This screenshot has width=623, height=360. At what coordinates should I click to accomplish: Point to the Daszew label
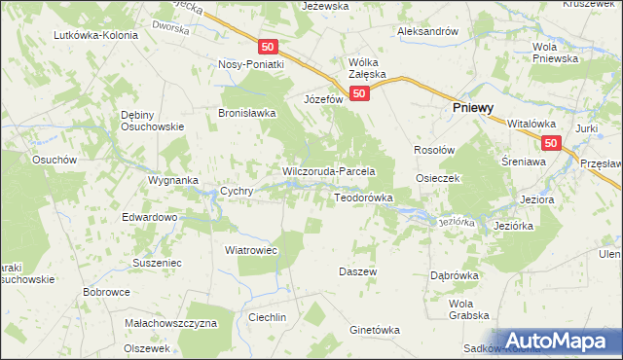[x=357, y=271]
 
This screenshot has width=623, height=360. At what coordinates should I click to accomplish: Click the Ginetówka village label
[x=375, y=330]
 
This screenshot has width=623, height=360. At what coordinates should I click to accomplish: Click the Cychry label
[x=238, y=192]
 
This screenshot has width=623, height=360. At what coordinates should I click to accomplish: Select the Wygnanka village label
[x=173, y=181]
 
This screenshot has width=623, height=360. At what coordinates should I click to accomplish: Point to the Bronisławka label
[x=247, y=112]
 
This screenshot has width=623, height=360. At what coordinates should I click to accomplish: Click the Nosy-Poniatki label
[x=251, y=64]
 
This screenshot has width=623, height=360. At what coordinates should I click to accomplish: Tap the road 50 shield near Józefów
[x=360, y=93]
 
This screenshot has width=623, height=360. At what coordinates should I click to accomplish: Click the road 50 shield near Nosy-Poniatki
[x=269, y=47]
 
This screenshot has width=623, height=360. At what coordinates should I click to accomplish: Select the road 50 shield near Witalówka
[x=551, y=143]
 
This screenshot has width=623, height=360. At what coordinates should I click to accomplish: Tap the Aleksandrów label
[x=427, y=31]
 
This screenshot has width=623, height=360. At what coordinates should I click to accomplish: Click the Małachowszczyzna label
[x=170, y=322]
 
